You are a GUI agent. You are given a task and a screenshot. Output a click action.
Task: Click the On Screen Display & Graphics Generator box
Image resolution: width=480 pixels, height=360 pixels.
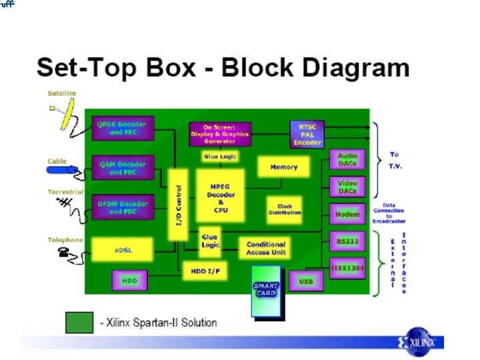[220, 134]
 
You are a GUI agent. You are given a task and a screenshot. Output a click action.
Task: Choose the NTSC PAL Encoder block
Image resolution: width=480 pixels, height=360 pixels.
[306, 133]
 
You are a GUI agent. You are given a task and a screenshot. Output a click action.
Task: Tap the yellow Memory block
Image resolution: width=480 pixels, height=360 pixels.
[283, 167]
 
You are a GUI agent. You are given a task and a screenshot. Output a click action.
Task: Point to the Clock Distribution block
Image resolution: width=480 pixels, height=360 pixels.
[285, 210]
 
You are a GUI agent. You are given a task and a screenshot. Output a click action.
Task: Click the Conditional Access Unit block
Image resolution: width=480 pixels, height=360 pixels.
[266, 249]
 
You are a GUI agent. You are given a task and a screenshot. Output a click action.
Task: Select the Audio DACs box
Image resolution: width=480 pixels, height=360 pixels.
[347, 159]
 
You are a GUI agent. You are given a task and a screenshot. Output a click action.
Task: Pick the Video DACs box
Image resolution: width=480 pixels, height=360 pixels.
[347, 187]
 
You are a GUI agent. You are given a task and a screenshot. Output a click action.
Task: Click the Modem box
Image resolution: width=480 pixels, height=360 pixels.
[347, 215]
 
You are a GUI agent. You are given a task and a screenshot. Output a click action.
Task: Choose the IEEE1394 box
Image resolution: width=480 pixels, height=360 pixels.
[347, 267]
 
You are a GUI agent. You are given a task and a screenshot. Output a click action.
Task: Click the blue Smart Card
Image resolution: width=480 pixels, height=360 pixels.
[265, 289]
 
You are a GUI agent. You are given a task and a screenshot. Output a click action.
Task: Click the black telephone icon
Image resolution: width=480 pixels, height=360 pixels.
[66, 252]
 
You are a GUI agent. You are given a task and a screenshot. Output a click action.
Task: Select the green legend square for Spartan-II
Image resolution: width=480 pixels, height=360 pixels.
[79, 322]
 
